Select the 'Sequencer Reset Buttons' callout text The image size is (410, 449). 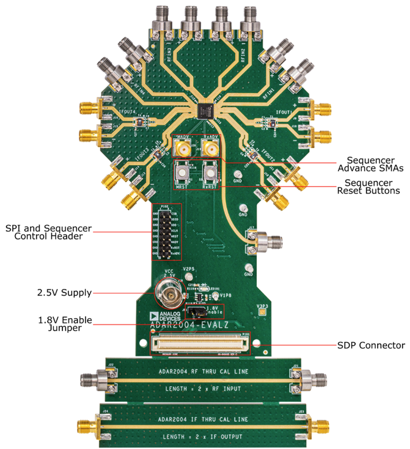click(372, 187)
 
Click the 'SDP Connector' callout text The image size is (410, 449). click(370, 345)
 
